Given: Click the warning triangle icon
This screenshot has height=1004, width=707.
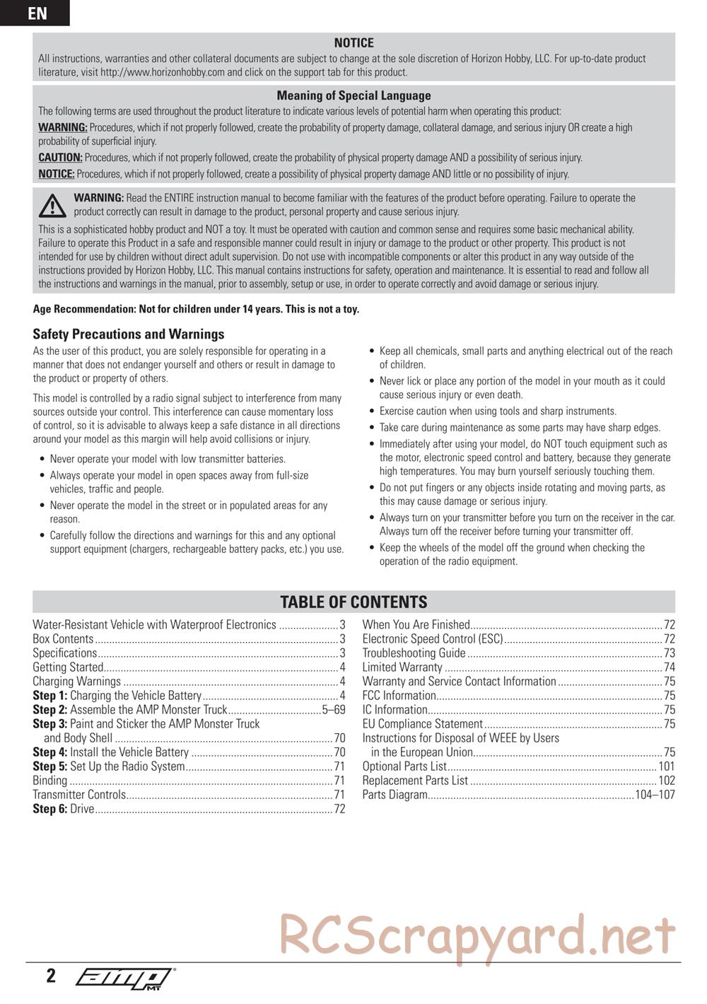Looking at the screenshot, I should (x=52, y=205).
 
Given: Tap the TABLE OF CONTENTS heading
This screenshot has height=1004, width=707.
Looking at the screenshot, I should (x=353, y=602).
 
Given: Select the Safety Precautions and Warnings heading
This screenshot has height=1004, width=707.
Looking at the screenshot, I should (x=128, y=334).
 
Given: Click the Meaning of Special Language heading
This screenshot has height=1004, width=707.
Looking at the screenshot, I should (x=353, y=95).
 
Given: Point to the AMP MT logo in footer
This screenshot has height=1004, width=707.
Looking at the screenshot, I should (x=124, y=977).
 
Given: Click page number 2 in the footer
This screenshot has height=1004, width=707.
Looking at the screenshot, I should (x=51, y=976).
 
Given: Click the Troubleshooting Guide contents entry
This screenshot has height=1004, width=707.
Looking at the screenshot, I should (x=414, y=653).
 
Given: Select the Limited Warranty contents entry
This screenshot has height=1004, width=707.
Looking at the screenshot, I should (x=402, y=667).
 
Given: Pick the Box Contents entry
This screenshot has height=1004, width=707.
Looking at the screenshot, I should (x=63, y=639).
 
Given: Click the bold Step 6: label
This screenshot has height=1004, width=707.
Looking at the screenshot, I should (x=49, y=809).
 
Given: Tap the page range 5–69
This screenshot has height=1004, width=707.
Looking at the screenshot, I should (x=334, y=710).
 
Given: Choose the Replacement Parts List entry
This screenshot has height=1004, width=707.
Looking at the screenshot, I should (x=415, y=781).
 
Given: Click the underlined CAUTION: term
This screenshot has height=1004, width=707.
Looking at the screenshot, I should (x=60, y=158).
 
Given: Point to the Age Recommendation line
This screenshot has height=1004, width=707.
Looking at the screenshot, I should (x=196, y=309).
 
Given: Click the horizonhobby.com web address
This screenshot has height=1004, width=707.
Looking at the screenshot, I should (x=162, y=72).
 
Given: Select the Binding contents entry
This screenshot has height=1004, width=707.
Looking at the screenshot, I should (x=50, y=781).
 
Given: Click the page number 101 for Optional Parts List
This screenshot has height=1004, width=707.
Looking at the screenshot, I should (x=666, y=766).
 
